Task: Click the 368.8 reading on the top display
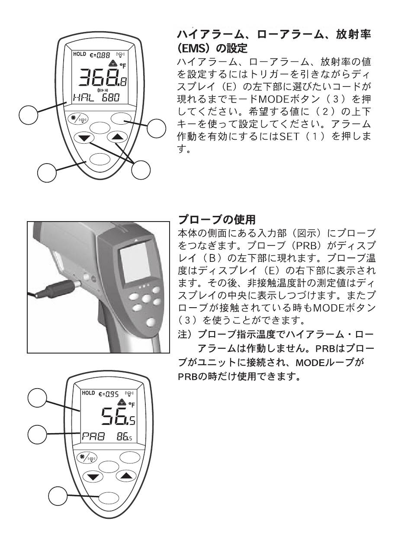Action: (102, 78)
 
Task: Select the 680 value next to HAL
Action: (111, 98)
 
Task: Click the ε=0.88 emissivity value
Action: (100, 55)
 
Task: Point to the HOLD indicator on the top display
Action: (80, 54)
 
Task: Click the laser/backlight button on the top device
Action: (78, 119)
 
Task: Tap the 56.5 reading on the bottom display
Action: (118, 416)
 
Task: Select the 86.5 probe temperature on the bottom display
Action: (125, 437)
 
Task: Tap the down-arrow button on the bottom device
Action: (93, 477)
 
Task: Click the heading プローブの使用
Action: (217, 220)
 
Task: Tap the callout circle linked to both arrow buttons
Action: (141, 170)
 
